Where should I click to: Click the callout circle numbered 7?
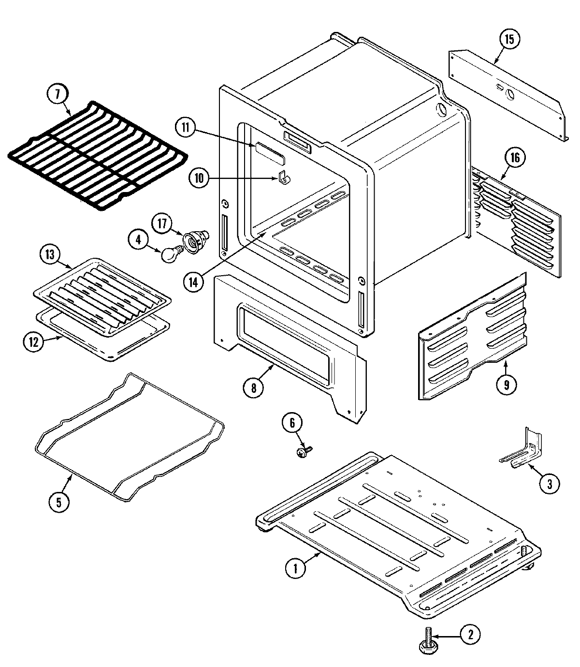pyautogui.click(x=58, y=95)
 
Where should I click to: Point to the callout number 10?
pyautogui.click(x=199, y=178)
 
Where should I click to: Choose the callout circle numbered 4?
pyautogui.click(x=139, y=240)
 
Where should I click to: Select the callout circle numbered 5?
pyautogui.click(x=59, y=502)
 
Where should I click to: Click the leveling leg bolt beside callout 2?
pyautogui.click(x=427, y=638)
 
